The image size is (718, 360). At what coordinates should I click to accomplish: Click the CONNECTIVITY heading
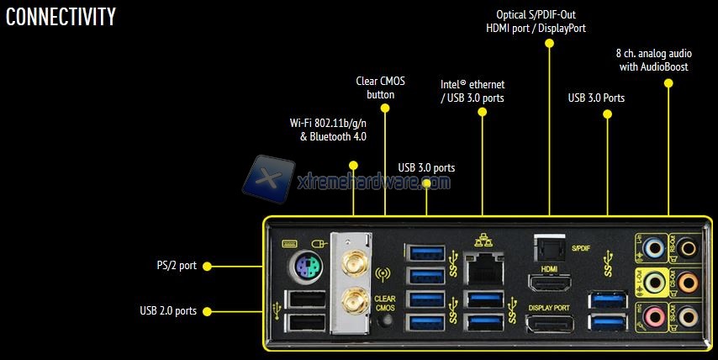(61, 17)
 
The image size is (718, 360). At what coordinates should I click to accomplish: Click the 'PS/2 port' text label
(176, 266)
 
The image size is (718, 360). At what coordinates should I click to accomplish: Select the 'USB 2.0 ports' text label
(168, 310)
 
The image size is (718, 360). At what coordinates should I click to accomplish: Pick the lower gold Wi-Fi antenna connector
(351, 299)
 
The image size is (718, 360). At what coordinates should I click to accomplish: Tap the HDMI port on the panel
(549, 283)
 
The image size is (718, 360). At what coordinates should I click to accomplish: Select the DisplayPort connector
(549, 324)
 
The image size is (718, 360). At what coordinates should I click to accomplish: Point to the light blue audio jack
(653, 247)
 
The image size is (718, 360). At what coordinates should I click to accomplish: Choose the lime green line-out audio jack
(653, 282)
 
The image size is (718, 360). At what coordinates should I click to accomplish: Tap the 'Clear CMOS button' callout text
(380, 87)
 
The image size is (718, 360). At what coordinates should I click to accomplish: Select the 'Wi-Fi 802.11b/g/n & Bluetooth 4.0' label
(333, 130)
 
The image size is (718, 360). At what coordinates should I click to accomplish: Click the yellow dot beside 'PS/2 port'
(207, 266)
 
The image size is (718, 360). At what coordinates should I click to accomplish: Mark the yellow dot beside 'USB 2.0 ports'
(207, 310)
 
